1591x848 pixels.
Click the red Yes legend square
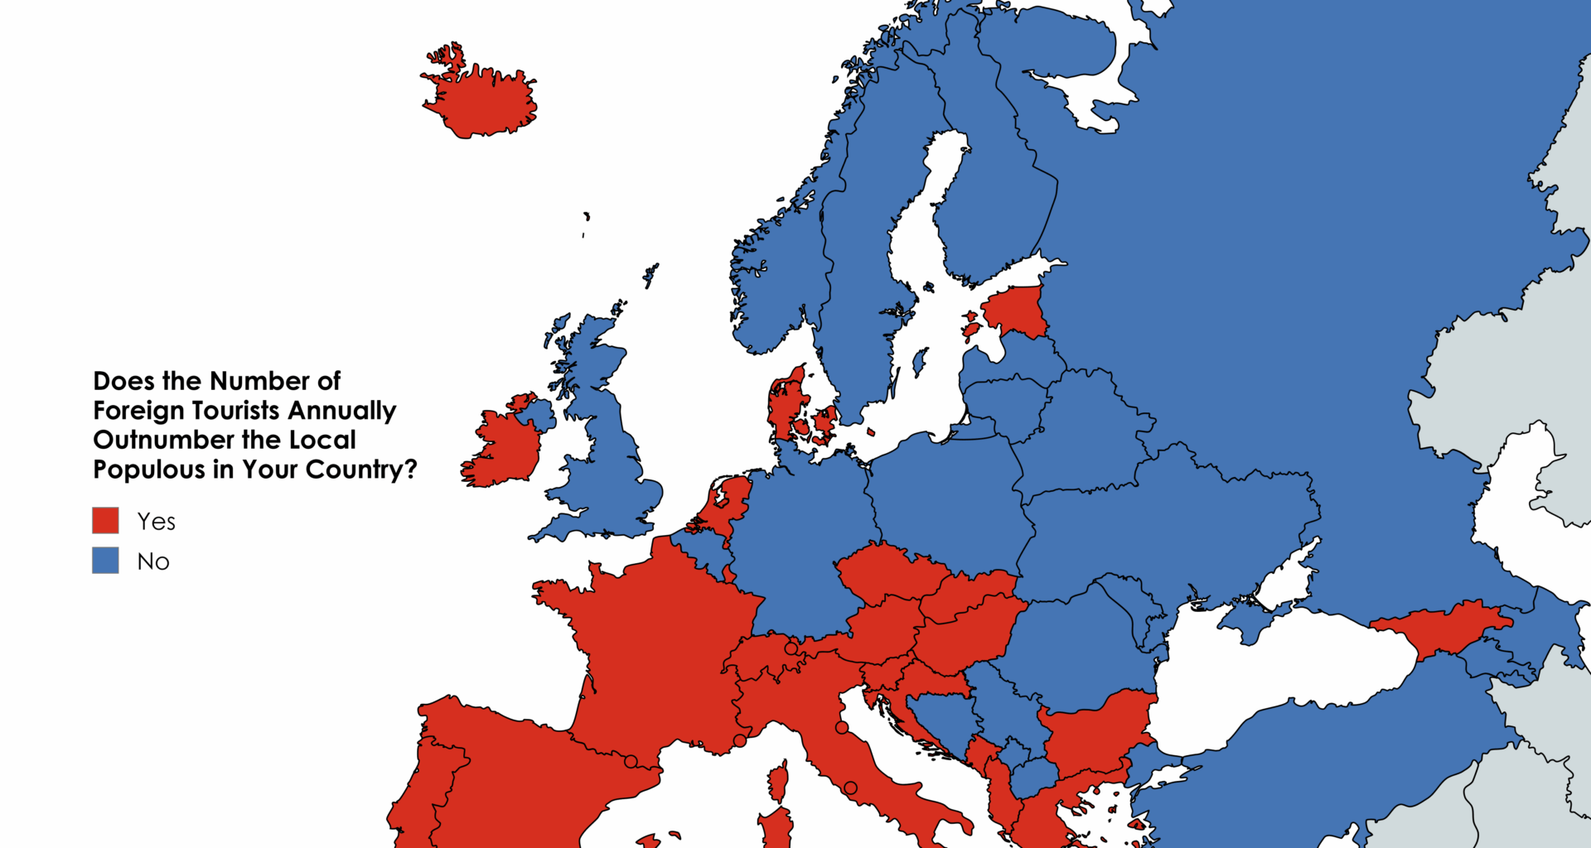click(x=105, y=521)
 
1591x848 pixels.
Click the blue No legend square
click(x=105, y=561)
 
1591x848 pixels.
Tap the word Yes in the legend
click(x=156, y=522)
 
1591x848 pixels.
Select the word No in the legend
click(x=153, y=561)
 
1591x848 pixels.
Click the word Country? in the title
click(x=361, y=470)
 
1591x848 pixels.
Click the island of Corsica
click(x=777, y=783)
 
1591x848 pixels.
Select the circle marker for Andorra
click(x=631, y=761)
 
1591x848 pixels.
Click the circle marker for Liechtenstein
click(x=791, y=648)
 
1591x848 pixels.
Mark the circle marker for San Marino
click(x=842, y=727)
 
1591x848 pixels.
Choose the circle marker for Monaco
click(x=739, y=740)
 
